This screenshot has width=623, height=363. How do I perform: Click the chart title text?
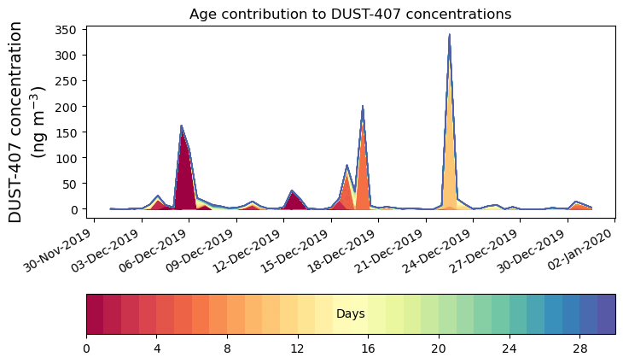350,14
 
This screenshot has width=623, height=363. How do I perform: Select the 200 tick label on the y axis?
70,107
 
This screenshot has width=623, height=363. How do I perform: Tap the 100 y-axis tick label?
70,158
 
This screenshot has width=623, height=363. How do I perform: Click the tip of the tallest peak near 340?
449,36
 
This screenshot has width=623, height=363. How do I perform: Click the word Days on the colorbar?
350,314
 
